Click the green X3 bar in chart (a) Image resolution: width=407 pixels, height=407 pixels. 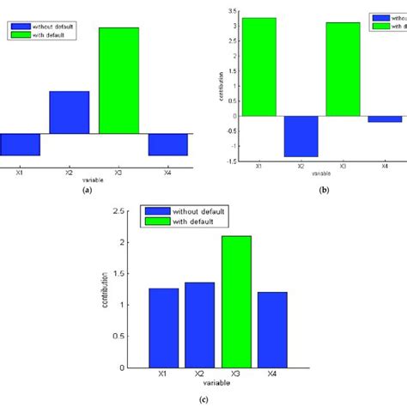118,81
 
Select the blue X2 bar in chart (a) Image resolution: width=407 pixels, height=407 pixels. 69,112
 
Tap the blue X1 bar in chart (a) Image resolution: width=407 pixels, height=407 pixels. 19,144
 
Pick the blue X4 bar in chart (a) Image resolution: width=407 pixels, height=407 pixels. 167,144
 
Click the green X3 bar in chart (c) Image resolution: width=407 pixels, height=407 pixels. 236,301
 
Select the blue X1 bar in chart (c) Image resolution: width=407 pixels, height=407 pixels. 164,327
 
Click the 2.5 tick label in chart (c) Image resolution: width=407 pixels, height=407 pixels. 124,211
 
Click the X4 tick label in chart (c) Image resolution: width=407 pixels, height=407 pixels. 271,374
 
